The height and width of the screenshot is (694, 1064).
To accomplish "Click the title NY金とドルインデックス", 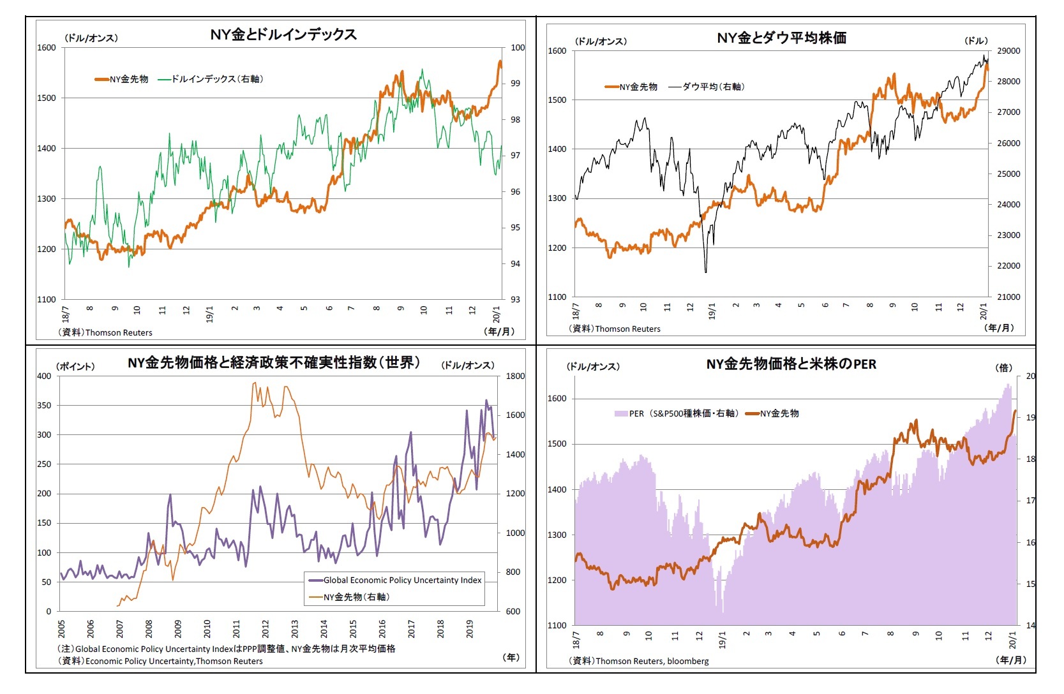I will pyautogui.click(x=283, y=34).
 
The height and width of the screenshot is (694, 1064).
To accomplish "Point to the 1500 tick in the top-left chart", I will pyautogui.click(x=47, y=98).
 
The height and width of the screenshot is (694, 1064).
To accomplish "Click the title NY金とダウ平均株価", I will pyautogui.click(x=781, y=38).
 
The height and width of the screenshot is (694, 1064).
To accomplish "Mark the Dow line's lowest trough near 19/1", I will pyautogui.click(x=706, y=272).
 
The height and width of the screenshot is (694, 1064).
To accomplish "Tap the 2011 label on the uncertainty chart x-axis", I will pyautogui.click(x=237, y=628).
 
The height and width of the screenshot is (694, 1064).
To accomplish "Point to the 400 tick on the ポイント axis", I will pyautogui.click(x=44, y=376).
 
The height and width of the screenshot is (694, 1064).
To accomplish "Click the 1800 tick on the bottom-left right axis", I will pyautogui.click(x=515, y=376).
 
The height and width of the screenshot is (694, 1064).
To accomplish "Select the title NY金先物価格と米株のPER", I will pyautogui.click(x=791, y=364).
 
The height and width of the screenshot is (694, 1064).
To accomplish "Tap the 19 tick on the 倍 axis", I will pyautogui.click(x=1030, y=418).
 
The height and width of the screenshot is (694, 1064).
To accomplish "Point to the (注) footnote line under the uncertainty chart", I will pyautogui.click(x=227, y=648).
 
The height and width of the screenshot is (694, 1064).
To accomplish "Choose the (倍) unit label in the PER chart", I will pyautogui.click(x=1004, y=367).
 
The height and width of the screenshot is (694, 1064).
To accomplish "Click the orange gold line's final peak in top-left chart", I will pyautogui.click(x=500, y=62).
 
